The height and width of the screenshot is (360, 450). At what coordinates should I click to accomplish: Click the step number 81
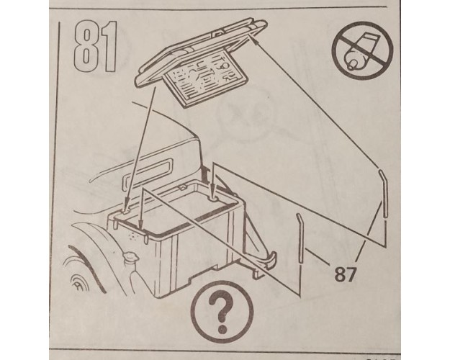(x=95, y=47)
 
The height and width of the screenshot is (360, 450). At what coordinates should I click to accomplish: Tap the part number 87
(x=346, y=274)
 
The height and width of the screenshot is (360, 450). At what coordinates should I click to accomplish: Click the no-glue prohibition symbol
(x=362, y=50)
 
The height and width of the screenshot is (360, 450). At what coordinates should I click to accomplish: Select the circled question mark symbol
(x=222, y=312)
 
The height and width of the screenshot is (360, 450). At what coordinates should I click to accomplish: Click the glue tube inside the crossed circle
(x=362, y=51)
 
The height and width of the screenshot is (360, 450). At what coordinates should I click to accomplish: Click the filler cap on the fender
(x=130, y=256)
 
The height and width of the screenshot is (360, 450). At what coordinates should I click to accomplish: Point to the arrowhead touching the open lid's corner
(x=254, y=40)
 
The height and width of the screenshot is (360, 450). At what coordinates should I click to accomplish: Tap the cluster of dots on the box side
(x=132, y=236)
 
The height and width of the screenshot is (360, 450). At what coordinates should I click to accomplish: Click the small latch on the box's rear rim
(x=182, y=187)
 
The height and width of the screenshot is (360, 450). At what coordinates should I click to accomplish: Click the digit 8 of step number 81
(x=85, y=47)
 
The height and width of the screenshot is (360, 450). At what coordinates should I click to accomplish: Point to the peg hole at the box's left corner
(x=125, y=211)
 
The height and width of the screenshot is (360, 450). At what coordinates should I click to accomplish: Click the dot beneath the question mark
(x=222, y=329)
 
